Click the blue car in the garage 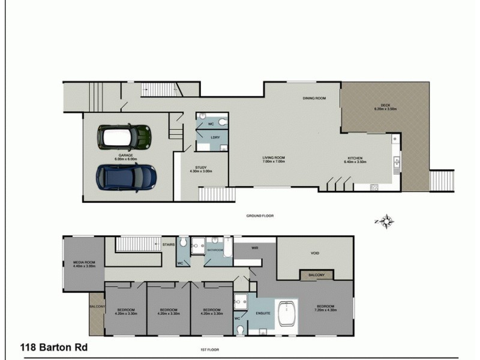click(x=127, y=175)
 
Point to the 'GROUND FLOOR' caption click(x=260, y=215)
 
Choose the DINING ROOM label click(x=314, y=98)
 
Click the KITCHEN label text click(x=353, y=160)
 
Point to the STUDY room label click(x=201, y=169)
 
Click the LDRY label click(x=215, y=137)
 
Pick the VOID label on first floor click(x=315, y=253)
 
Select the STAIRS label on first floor click(x=169, y=245)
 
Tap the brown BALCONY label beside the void click(x=316, y=275)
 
